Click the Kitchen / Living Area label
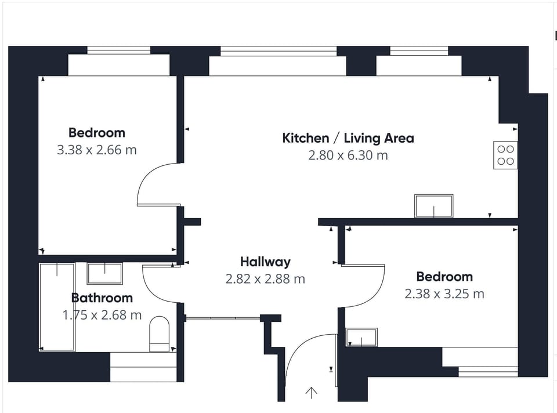pos(348,138)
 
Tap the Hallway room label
pos(265,262)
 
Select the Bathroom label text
pos(102,298)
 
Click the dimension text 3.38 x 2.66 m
pos(97,150)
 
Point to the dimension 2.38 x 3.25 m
pos(444,294)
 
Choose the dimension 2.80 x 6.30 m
pos(348,155)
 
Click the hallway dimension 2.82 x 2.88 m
pos(265,279)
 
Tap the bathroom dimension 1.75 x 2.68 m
pos(102,314)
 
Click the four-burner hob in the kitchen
pos(505,155)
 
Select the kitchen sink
pos(434,206)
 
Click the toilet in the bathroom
pos(159,334)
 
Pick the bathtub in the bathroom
pos(57,307)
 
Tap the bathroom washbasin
pos(105,273)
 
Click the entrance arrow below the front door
pos(311,392)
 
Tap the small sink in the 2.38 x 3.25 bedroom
pos(361,337)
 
